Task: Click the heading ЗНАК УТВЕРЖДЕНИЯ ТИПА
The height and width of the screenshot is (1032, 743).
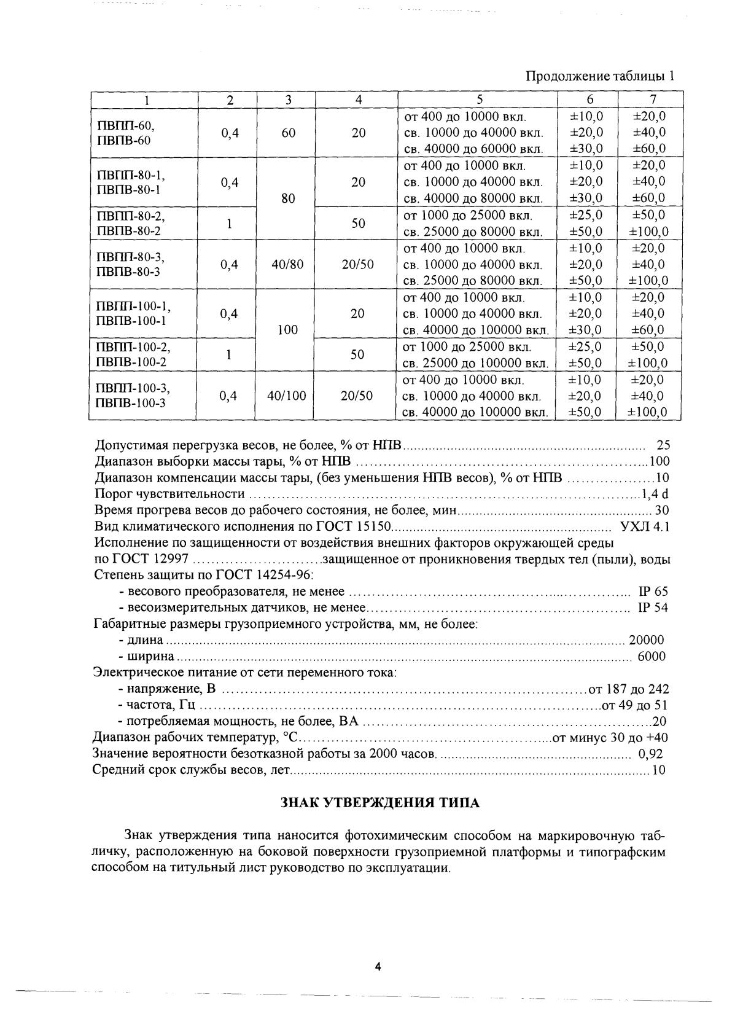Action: (379, 802)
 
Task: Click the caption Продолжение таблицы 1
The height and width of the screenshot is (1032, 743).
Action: (601, 77)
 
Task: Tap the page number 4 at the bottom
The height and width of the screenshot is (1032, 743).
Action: (378, 967)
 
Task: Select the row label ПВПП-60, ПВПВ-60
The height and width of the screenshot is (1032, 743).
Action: (125, 133)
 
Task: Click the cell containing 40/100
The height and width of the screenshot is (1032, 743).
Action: (287, 396)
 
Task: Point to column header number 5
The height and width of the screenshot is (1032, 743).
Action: (478, 100)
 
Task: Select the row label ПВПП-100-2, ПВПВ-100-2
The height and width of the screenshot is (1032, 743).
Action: (132, 354)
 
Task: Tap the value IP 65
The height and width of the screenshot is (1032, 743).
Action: (653, 592)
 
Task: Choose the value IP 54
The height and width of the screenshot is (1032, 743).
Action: (653, 608)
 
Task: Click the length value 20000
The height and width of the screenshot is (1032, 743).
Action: (646, 640)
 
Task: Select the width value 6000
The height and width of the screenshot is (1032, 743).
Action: (652, 656)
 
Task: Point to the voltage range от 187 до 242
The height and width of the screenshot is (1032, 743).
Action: (628, 689)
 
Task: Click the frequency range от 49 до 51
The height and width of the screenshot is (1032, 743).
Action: (634, 705)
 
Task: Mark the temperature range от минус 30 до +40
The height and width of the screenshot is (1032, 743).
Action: (610, 738)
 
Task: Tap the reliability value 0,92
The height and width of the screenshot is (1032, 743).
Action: (651, 754)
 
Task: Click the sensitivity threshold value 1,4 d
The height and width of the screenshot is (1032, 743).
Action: (654, 494)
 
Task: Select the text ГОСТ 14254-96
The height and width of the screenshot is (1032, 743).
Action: (264, 575)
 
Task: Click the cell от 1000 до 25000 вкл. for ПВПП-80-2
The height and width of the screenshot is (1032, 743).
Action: (467, 215)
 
